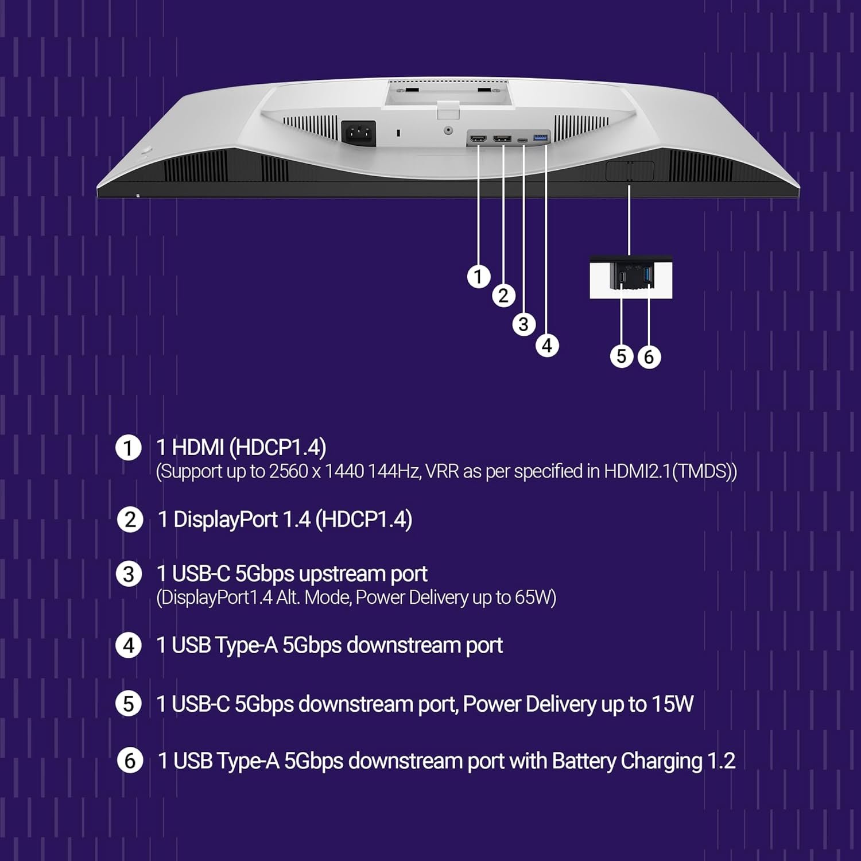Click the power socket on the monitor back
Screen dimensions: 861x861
(359, 133)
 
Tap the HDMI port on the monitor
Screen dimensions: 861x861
(478, 139)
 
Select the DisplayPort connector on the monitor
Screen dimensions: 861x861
(502, 138)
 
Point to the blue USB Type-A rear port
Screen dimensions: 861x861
(541, 138)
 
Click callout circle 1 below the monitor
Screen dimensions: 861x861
(478, 277)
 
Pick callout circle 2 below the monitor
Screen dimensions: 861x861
(503, 296)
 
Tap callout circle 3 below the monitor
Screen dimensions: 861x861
(523, 324)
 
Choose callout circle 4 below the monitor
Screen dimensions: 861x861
(547, 346)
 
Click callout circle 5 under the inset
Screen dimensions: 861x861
(622, 356)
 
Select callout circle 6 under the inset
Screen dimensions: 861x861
(649, 357)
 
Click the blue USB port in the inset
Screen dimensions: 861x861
(649, 274)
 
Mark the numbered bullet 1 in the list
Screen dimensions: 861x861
(128, 448)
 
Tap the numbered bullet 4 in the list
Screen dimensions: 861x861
(129, 646)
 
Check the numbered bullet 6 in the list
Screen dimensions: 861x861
(130, 761)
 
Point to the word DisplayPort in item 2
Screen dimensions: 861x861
(226, 519)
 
